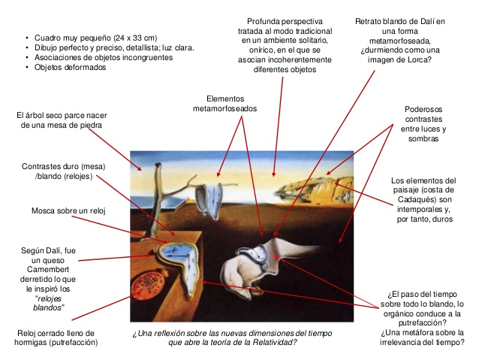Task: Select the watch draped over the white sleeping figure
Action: [x=255, y=256]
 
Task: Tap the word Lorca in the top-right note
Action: [x=417, y=59]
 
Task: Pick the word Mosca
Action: [x=41, y=211]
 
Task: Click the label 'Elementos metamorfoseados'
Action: [x=224, y=104]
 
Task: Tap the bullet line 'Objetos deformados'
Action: [x=70, y=68]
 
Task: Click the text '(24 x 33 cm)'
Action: [x=135, y=38]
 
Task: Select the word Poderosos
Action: [x=423, y=110]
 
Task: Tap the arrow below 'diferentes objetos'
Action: [x=278, y=126]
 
